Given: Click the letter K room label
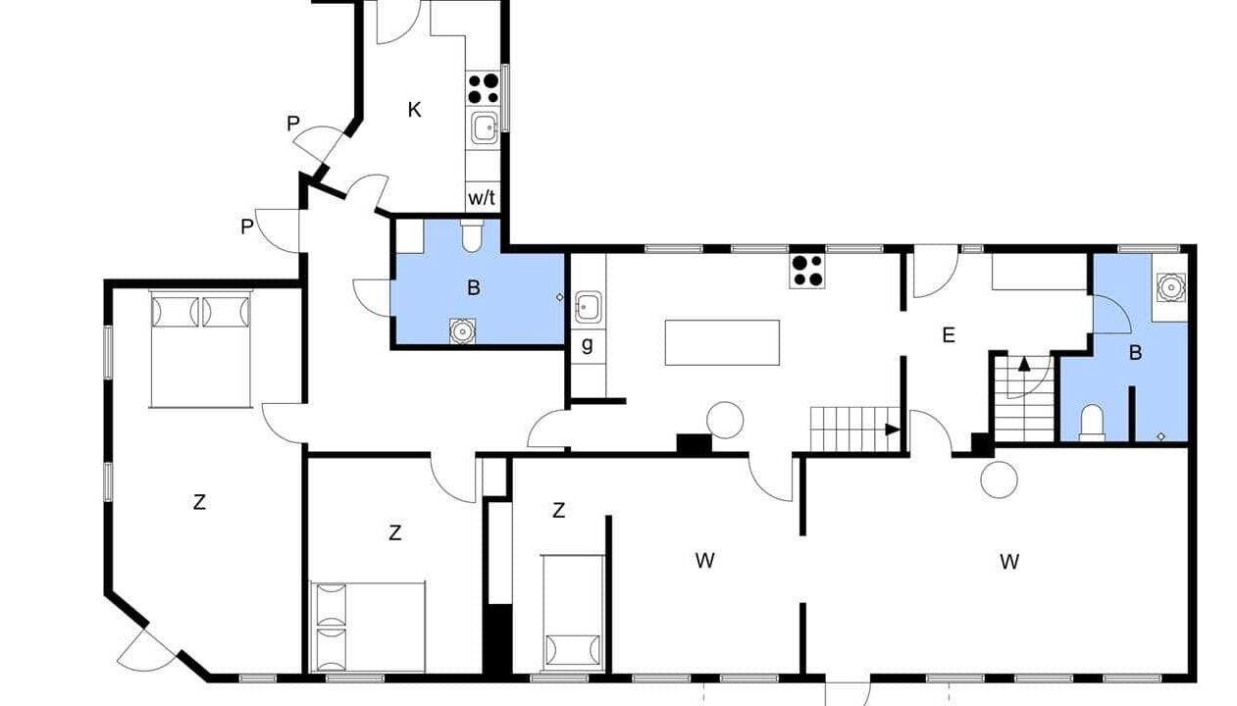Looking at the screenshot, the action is [x=414, y=110].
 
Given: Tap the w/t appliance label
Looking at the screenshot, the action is [x=482, y=198].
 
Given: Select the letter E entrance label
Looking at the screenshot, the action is [x=949, y=335].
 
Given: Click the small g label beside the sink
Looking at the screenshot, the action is [x=588, y=345].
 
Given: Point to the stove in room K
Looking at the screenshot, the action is [x=484, y=88].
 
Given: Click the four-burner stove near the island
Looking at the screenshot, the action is [x=807, y=271].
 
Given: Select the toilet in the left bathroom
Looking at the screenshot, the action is [x=472, y=235].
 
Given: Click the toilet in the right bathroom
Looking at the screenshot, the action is [x=1092, y=423].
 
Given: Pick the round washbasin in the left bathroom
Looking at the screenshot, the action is [x=462, y=331].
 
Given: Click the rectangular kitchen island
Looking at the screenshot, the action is [x=722, y=342].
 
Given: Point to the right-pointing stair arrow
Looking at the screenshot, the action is [x=893, y=429].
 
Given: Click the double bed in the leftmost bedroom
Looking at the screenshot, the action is [x=200, y=349].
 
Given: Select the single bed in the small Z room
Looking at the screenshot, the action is [x=573, y=614].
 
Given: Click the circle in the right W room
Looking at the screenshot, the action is [x=999, y=479].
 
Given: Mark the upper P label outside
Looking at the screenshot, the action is [x=293, y=124].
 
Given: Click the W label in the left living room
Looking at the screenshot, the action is [x=704, y=561].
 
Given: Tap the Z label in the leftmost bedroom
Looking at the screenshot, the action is [x=199, y=502].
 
